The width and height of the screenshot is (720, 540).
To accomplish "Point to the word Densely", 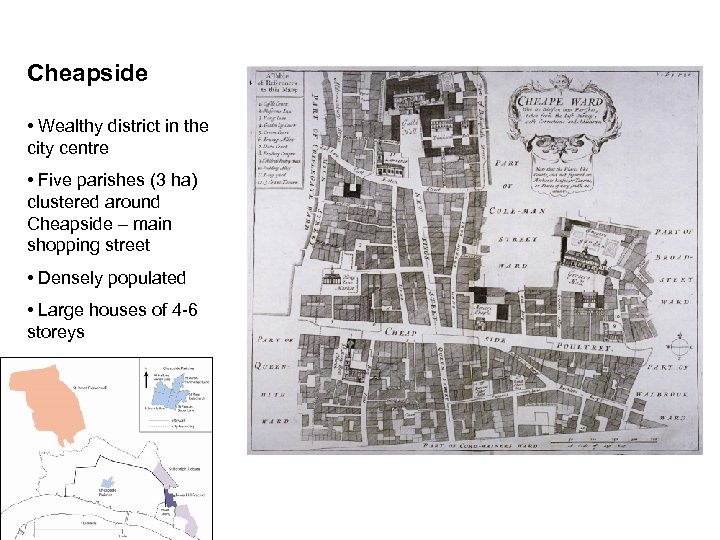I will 67,277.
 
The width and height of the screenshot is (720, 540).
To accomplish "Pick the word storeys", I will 56,331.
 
